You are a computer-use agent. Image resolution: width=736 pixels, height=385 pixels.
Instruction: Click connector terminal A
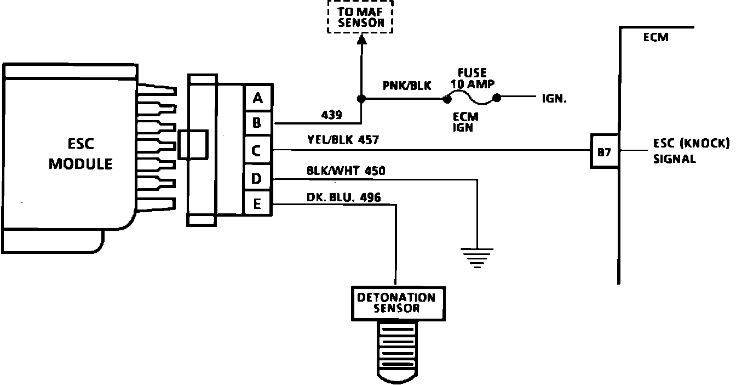click(x=257, y=98)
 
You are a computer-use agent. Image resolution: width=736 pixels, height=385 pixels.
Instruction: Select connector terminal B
click(x=257, y=123)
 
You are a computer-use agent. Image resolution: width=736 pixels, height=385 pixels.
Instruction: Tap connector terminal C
click(x=257, y=150)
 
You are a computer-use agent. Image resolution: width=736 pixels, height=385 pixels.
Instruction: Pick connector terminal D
click(x=257, y=179)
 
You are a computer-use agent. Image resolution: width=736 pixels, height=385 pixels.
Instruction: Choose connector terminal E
click(x=257, y=205)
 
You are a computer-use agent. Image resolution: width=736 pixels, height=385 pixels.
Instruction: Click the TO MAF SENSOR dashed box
click(x=361, y=16)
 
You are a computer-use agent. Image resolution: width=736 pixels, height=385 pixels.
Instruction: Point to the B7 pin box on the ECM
click(x=605, y=151)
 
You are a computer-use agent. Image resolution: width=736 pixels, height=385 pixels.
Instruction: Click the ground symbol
click(x=477, y=257)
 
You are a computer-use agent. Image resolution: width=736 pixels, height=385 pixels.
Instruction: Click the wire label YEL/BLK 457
click(x=343, y=140)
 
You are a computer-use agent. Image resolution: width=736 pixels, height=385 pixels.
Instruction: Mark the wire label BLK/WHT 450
click(x=346, y=171)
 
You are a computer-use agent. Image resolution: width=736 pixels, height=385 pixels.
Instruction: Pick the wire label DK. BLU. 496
click(x=344, y=197)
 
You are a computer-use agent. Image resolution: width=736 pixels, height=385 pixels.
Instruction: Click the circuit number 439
click(x=332, y=115)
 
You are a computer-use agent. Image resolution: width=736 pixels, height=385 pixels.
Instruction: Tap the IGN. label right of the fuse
click(x=554, y=99)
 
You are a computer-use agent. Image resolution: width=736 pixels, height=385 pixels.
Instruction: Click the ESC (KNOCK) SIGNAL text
click(x=691, y=151)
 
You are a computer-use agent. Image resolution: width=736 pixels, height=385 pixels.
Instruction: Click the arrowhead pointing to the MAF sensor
click(x=361, y=39)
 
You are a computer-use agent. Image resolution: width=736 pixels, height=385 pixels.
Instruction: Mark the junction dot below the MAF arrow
click(x=361, y=99)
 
